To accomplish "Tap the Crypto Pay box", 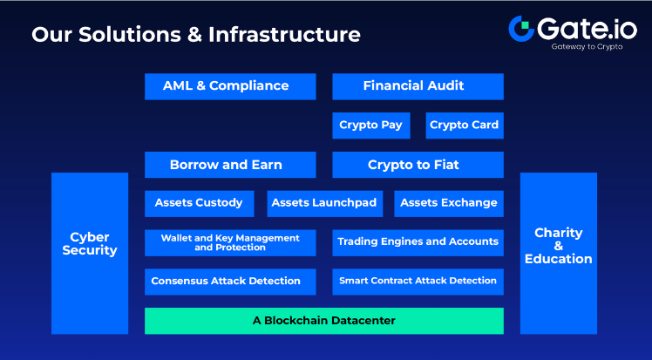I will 370,125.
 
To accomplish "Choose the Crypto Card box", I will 465,125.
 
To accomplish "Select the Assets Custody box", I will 199,203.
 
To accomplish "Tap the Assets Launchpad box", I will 323,203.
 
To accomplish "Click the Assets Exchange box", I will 448,203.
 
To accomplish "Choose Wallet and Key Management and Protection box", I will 229,242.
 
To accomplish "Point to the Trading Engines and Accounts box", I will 418,242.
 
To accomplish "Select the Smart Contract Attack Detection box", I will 418,281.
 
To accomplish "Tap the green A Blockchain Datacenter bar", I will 323,321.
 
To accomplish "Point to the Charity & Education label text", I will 558,246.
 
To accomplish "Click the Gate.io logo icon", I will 521,29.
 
